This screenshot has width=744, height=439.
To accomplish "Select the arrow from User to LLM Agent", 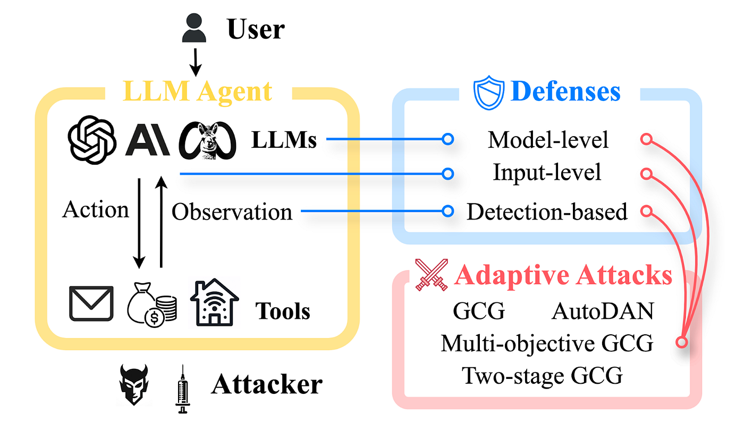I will tap(196, 62).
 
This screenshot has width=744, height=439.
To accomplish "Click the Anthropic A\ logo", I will tap(147, 140).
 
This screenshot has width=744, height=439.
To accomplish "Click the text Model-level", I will tap(548, 140).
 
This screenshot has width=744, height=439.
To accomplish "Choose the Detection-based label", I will tap(547, 212).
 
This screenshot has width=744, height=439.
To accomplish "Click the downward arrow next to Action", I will tap(139, 223).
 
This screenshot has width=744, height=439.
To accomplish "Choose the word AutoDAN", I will tap(603, 311).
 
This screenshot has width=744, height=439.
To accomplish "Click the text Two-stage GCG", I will tap(542, 376).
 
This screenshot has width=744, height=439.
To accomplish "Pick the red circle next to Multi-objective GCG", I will tap(681, 341).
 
